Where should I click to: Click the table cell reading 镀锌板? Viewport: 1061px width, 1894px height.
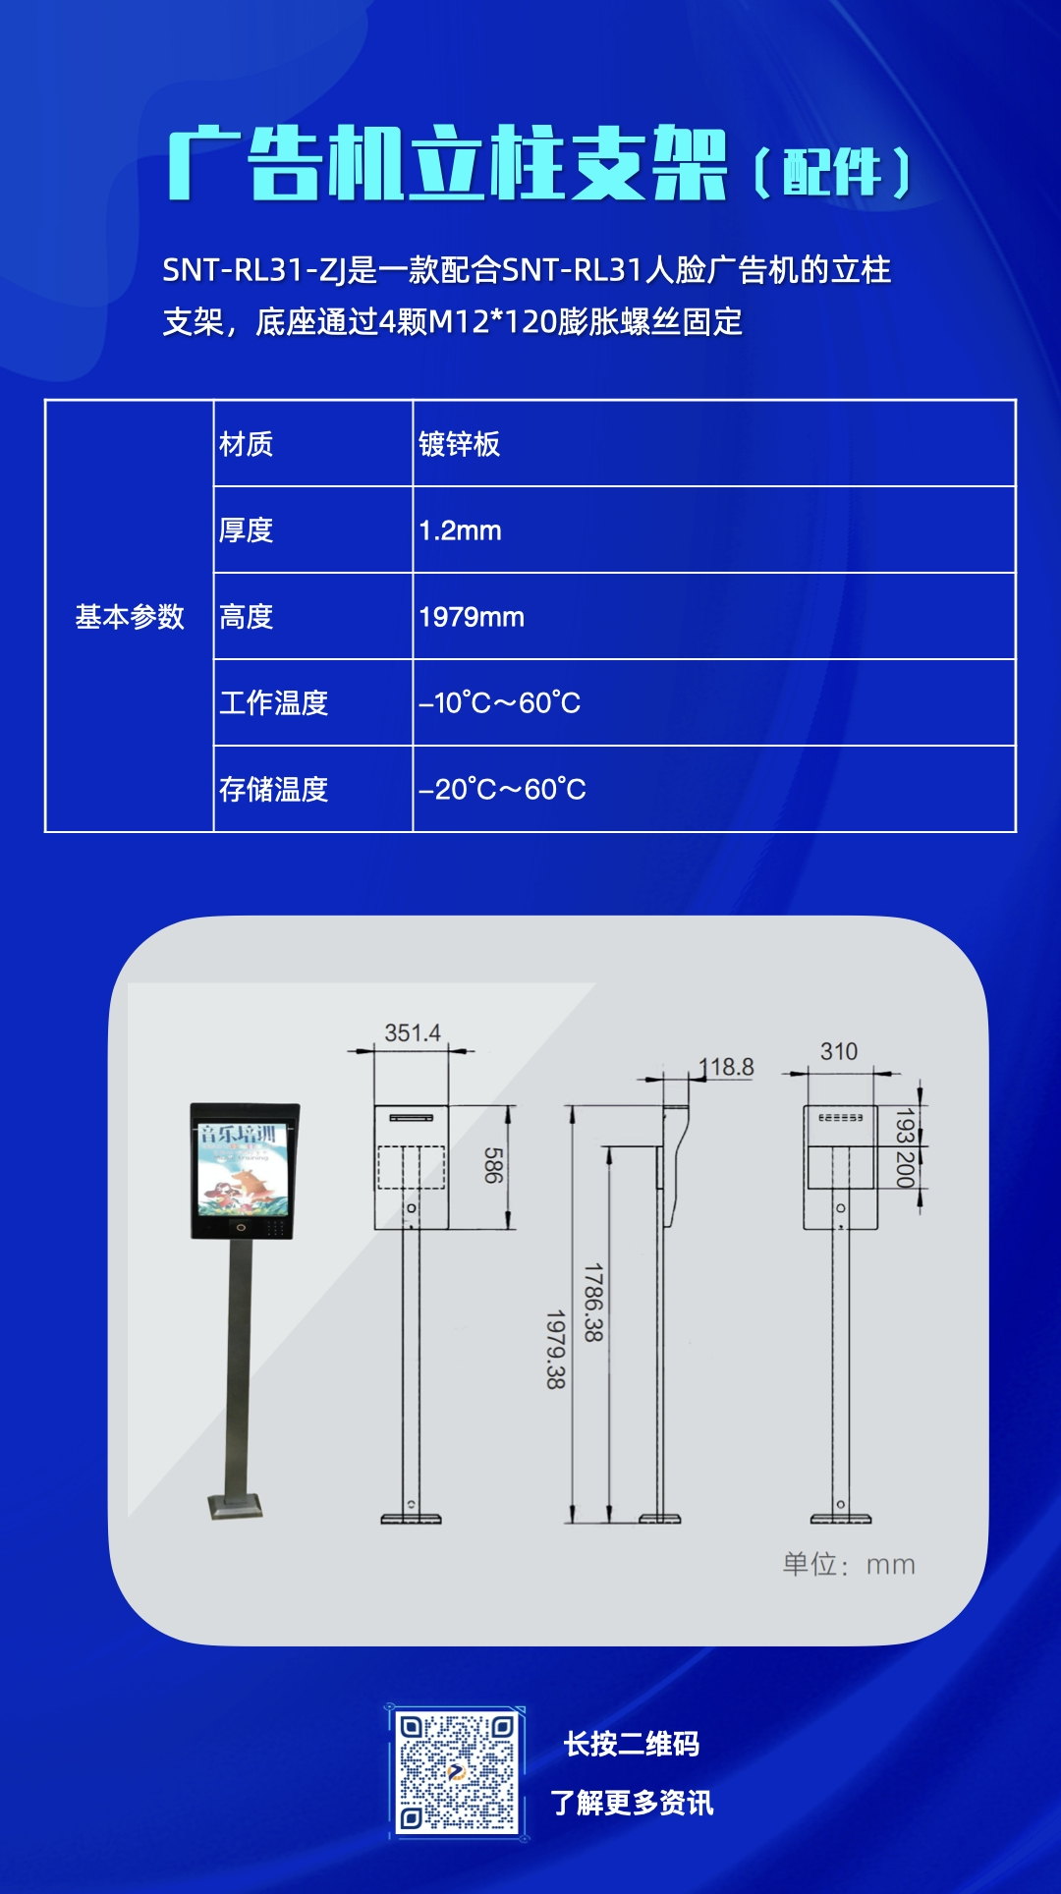coord(459,444)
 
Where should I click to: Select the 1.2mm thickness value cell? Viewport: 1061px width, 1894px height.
coord(460,530)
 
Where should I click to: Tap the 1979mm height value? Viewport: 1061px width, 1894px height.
coord(472,617)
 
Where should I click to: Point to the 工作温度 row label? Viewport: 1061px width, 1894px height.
coord(273,703)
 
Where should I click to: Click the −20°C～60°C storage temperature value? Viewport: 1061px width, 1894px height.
coord(502,790)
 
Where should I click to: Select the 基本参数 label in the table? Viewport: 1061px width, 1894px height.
coord(130,617)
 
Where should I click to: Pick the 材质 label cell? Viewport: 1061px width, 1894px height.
coord(246,444)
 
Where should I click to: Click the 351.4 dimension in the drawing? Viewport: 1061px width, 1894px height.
coord(413,1032)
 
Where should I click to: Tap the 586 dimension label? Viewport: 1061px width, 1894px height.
coord(493,1165)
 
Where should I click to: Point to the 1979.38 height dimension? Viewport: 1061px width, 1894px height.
coord(555,1349)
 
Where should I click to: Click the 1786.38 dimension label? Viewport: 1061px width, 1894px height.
coord(592,1303)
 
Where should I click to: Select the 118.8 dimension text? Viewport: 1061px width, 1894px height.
coord(727,1067)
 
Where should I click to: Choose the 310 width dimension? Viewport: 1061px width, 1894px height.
coord(839,1051)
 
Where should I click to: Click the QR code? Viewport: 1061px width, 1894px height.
coord(456,1773)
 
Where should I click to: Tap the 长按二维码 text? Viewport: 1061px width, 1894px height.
coord(632,1745)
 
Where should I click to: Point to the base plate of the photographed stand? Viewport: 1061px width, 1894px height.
coord(236,1506)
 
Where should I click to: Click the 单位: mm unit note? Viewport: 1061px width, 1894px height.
coord(849,1565)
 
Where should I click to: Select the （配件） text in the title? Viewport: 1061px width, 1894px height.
coord(832,173)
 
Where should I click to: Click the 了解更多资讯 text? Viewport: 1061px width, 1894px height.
coord(632,1803)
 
